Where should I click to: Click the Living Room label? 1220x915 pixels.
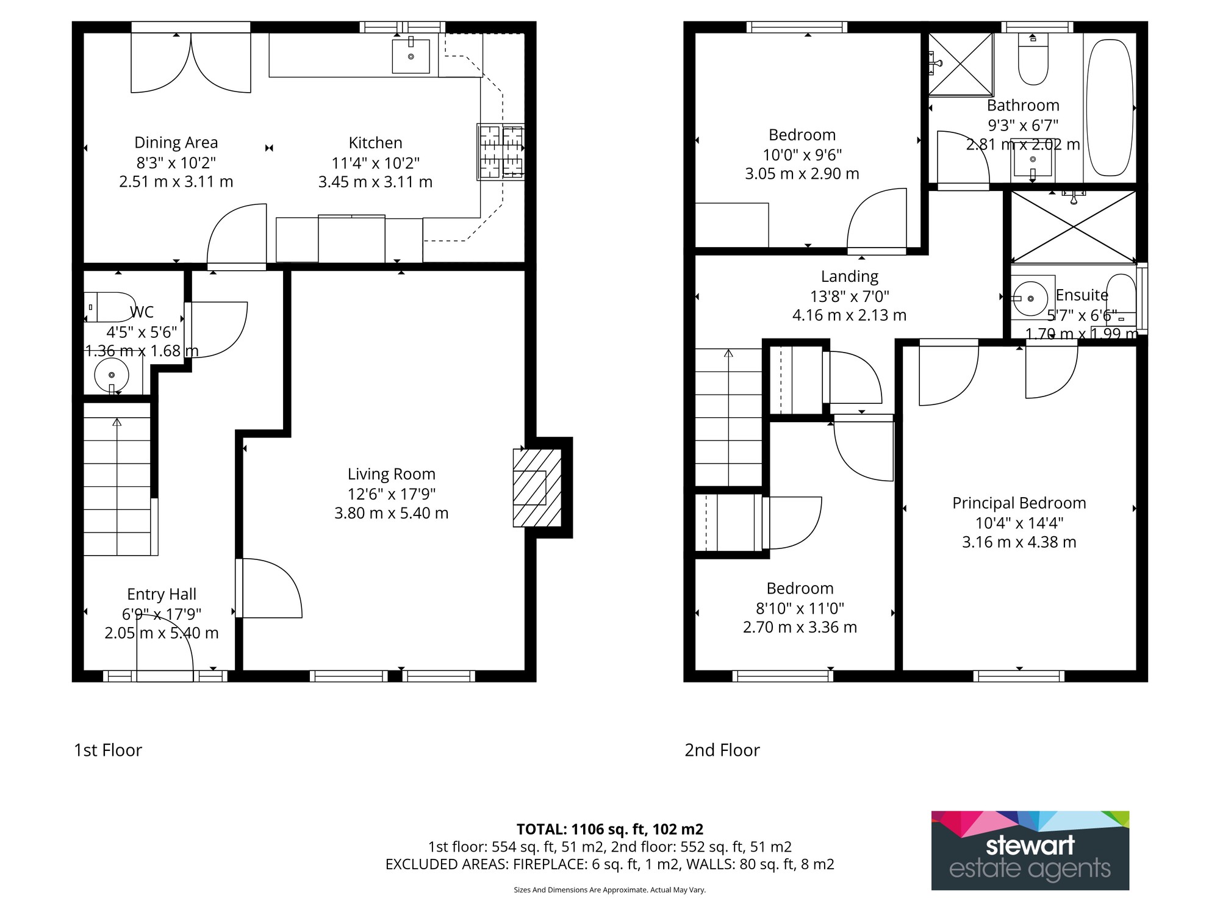pyautogui.click(x=392, y=474)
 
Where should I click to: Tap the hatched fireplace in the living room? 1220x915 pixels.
pyautogui.click(x=537, y=488)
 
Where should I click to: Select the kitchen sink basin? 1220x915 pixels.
pyautogui.click(x=411, y=56)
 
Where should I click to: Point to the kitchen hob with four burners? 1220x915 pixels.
pyautogui.click(x=501, y=152)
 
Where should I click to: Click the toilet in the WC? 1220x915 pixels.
pyautogui.click(x=110, y=307)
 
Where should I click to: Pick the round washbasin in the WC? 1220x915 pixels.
pyautogui.click(x=112, y=375)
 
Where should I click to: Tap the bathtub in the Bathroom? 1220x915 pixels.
pyautogui.click(x=1110, y=108)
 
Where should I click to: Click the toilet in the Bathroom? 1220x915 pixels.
pyautogui.click(x=1033, y=59)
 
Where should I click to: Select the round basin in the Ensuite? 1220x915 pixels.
pyautogui.click(x=1030, y=298)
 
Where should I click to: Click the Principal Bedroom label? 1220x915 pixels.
pyautogui.click(x=1019, y=503)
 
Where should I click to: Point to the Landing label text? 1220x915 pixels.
pyautogui.click(x=850, y=277)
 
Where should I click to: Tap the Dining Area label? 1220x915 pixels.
pyautogui.click(x=176, y=143)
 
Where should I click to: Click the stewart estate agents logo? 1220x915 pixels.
pyautogui.click(x=1030, y=850)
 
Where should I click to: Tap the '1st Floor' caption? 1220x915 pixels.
pyautogui.click(x=108, y=750)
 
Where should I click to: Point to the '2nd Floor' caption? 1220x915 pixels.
pyautogui.click(x=722, y=750)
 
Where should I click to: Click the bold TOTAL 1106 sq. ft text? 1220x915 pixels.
pyautogui.click(x=610, y=830)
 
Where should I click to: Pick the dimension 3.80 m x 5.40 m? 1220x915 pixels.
pyautogui.click(x=392, y=513)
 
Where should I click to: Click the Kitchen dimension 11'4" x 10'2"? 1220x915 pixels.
pyautogui.click(x=376, y=163)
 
